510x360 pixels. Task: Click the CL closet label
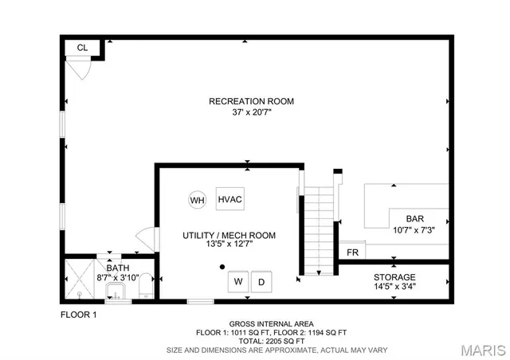pyautogui.click(x=81, y=48)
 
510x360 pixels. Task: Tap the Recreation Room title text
pyautogui.click(x=251, y=101)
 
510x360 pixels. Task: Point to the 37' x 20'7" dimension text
pyautogui.click(x=251, y=112)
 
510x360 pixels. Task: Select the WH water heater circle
pyautogui.click(x=197, y=200)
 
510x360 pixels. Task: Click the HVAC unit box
pyautogui.click(x=230, y=199)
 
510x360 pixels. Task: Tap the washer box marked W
pyautogui.click(x=237, y=282)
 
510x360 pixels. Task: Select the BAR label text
pyautogui.click(x=414, y=219)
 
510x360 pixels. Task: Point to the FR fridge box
pyautogui.click(x=351, y=253)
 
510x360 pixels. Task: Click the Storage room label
pyautogui.click(x=394, y=276)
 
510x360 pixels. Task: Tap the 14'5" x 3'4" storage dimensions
pyautogui.click(x=394, y=287)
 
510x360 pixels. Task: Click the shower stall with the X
pyautogui.click(x=80, y=281)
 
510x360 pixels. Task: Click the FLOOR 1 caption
pyautogui.click(x=78, y=315)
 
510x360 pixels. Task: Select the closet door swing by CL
pyautogui.click(x=79, y=69)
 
